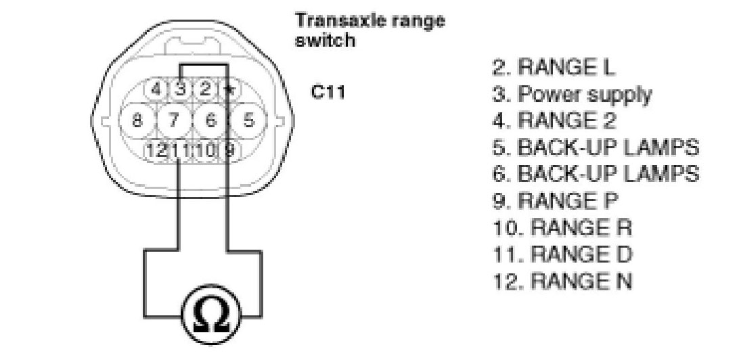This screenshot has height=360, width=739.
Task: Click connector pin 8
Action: (x=137, y=121)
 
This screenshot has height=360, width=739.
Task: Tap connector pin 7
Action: (x=175, y=121)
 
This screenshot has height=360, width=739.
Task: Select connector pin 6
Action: (x=211, y=121)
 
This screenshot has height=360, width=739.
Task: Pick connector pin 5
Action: (x=248, y=121)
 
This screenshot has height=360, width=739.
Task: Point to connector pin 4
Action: (x=156, y=89)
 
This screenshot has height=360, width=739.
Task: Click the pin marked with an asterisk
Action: (x=230, y=89)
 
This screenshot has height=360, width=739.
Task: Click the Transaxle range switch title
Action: (x=369, y=30)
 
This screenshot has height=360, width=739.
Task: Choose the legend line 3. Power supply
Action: (x=571, y=94)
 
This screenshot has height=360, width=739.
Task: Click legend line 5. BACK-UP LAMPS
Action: (x=595, y=147)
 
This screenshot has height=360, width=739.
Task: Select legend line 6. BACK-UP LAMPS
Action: (x=595, y=173)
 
